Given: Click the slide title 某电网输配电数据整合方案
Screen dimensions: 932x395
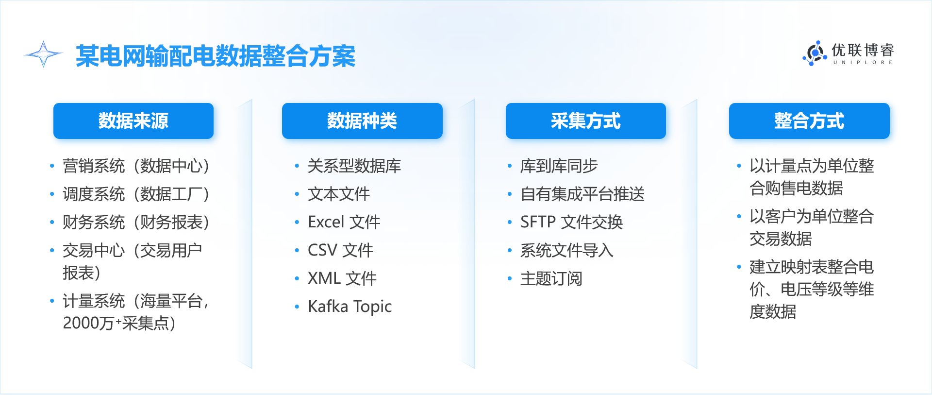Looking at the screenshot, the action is click(x=216, y=56).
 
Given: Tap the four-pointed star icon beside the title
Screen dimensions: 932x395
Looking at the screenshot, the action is click(x=44, y=54).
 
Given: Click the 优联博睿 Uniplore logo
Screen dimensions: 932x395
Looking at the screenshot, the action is click(x=848, y=53).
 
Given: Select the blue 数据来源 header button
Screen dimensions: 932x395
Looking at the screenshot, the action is click(x=133, y=121).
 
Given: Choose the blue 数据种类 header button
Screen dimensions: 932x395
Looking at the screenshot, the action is click(x=362, y=121).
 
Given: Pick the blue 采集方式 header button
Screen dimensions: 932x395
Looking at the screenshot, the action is click(x=586, y=121).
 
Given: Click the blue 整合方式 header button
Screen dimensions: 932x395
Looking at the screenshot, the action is click(x=809, y=121).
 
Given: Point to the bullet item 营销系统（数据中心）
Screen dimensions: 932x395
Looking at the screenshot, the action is click(x=136, y=166).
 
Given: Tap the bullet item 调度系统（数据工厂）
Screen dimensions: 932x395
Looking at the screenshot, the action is click(x=136, y=194).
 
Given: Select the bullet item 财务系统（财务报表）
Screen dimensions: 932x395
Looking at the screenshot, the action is click(x=136, y=223).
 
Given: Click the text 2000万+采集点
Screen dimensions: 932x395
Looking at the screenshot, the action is click(x=119, y=323).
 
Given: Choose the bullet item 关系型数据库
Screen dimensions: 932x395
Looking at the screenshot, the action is click(x=354, y=166).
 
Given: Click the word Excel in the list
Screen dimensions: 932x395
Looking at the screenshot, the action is click(x=326, y=222).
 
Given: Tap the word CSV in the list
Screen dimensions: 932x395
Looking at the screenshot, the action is click(x=322, y=250).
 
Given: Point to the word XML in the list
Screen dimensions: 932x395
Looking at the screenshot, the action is click(x=324, y=278).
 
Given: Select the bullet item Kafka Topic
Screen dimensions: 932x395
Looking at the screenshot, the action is click(x=350, y=307).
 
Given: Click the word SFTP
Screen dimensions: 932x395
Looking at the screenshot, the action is click(x=538, y=222).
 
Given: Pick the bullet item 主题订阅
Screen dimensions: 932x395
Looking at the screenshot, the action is click(x=551, y=279).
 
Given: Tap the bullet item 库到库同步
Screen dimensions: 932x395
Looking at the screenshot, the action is click(x=559, y=166).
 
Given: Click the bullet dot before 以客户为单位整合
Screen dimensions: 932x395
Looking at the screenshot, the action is click(x=739, y=216).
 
